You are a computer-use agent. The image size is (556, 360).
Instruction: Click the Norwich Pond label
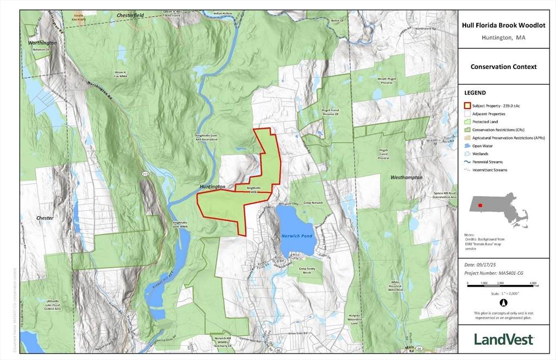pyautogui.click(x=296, y=236)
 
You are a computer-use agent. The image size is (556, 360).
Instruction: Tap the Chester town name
pyautogui.click(x=45, y=218)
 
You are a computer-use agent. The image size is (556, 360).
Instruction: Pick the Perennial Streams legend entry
pyautogui.click(x=487, y=162)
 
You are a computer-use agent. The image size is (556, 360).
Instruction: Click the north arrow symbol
pyautogui.click(x=503, y=302)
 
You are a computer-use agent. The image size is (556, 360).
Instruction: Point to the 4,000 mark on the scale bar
pyautogui.click(x=533, y=283)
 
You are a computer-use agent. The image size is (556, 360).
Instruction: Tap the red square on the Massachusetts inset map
pyautogui.click(x=479, y=205)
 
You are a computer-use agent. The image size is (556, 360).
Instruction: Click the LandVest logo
pyautogui.click(x=503, y=339)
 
